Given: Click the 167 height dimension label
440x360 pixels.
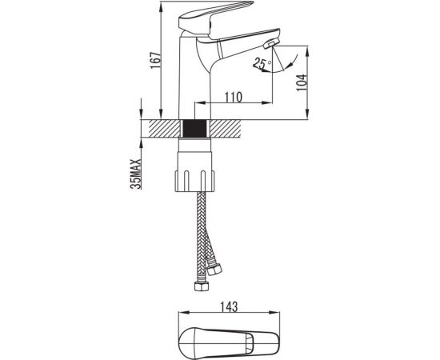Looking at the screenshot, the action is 156,60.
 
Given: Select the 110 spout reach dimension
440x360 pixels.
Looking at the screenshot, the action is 233,97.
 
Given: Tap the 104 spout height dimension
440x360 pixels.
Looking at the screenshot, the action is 302,82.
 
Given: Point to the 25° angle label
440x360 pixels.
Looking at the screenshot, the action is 262,64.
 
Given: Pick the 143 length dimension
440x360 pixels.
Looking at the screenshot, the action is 229,307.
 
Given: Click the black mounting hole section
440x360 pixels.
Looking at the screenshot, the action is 194,129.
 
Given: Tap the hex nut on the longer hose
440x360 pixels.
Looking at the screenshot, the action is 202,286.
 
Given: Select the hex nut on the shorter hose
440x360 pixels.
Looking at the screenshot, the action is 214,270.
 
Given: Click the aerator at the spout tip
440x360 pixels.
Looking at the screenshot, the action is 271,44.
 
